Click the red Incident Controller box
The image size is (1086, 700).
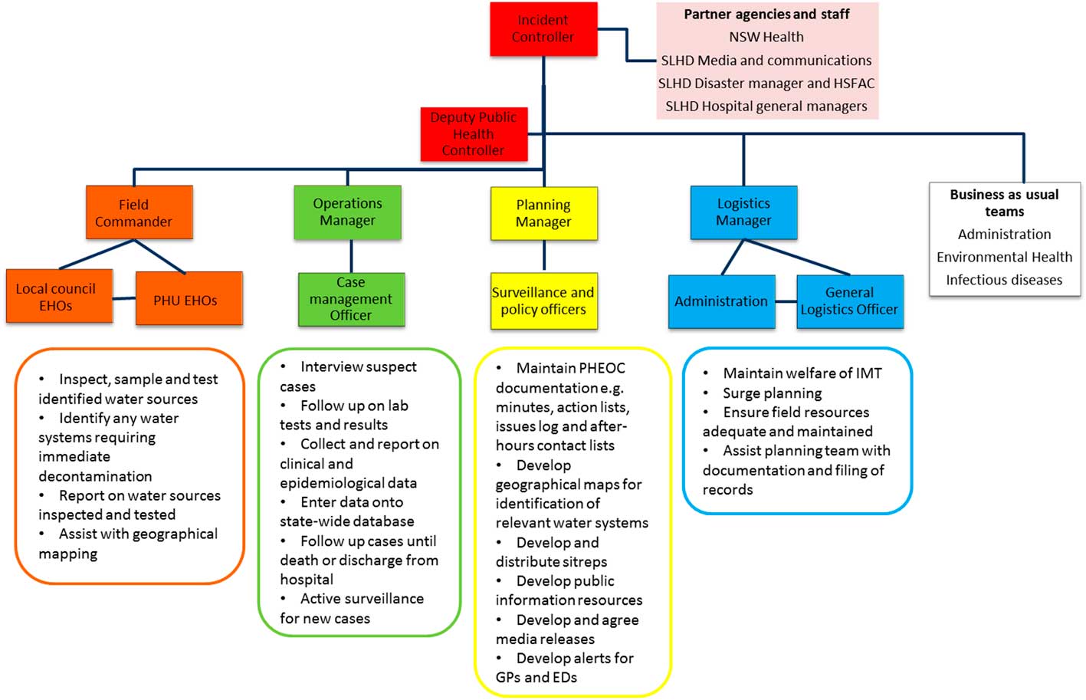[x=543, y=28]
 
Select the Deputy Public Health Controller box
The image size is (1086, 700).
[x=474, y=134]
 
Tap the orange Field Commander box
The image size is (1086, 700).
[x=139, y=212]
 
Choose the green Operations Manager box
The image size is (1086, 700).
[x=347, y=212]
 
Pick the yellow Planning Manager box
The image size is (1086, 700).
[x=543, y=213]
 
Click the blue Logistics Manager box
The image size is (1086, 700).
[x=743, y=212]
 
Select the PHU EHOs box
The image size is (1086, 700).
[x=189, y=299]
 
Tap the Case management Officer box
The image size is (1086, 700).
[x=351, y=299]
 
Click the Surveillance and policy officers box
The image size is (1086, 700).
[x=543, y=301]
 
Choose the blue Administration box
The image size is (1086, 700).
[x=721, y=301]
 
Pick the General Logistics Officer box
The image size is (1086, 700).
[x=849, y=301]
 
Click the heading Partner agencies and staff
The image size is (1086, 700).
[x=766, y=14]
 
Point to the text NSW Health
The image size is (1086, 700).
[x=766, y=37]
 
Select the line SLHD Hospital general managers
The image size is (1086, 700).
[x=766, y=106]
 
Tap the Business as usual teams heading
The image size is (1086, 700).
[x=1004, y=203]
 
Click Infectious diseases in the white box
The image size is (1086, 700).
[x=1004, y=280]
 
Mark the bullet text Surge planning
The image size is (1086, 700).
[x=772, y=393]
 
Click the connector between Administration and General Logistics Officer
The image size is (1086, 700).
[x=786, y=301]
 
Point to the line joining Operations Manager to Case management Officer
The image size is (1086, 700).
[x=351, y=256]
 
